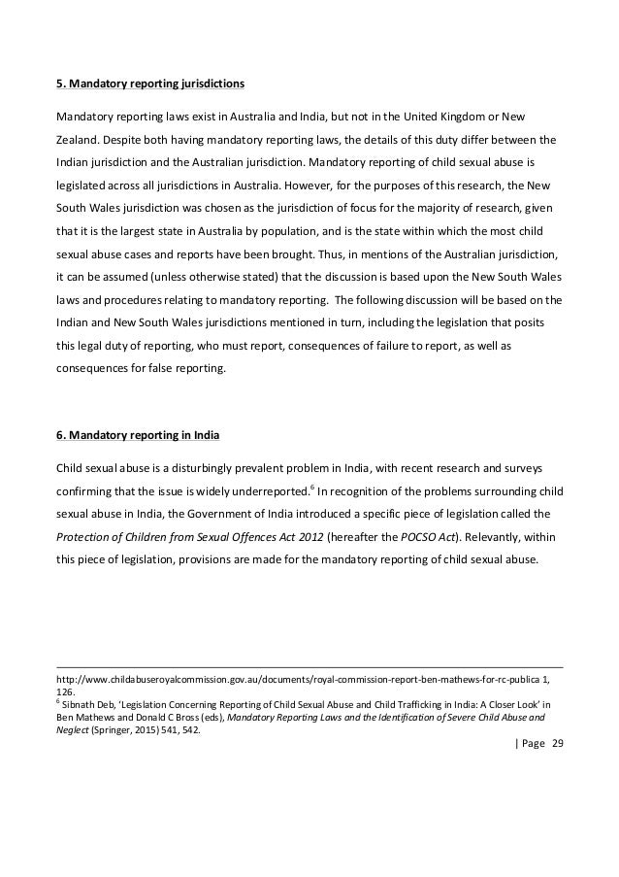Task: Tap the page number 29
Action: pyautogui.click(x=557, y=744)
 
